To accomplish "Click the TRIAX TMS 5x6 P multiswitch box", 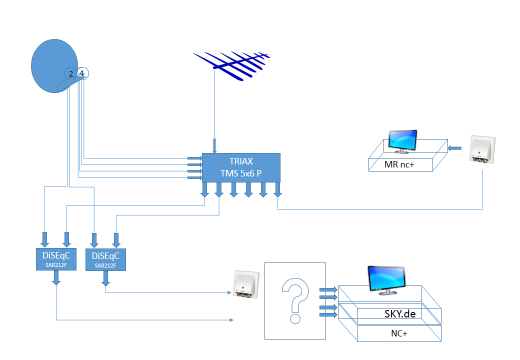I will click(240, 167).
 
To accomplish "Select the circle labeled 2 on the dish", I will click(70, 74).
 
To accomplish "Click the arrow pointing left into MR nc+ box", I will click(454, 147).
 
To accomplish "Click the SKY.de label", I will click(400, 314).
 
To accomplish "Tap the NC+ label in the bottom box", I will click(398, 333).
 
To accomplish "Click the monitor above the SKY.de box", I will click(386, 279).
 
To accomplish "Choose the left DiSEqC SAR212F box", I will click(56, 258).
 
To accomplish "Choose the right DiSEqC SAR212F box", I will click(106, 259).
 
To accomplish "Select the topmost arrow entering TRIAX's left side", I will click(194, 158).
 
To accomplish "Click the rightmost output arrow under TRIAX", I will click(277, 189).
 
